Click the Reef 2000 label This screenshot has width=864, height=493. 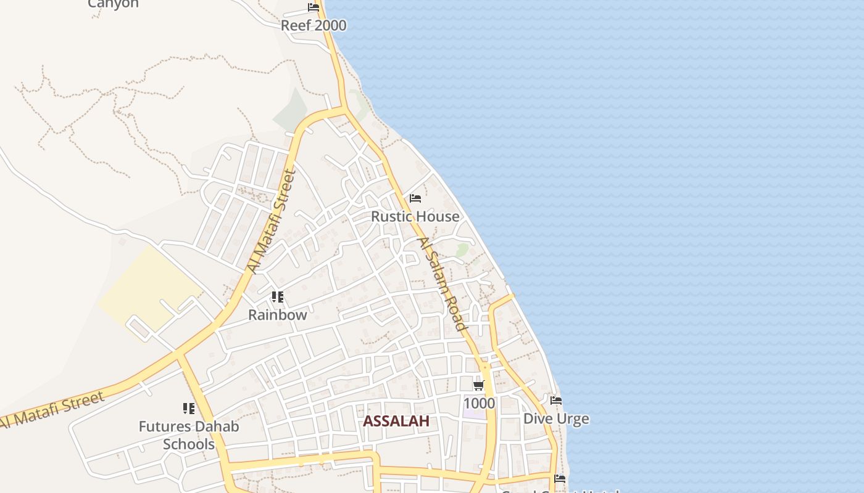(314, 25)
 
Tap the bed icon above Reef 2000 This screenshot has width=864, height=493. (314, 7)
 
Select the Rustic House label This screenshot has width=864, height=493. (415, 216)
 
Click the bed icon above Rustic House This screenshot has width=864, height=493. (415, 198)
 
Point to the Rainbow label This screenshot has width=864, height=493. (277, 314)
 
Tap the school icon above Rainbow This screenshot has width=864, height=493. (278, 297)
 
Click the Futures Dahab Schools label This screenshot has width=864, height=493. (188, 434)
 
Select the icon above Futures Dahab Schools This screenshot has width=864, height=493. (188, 408)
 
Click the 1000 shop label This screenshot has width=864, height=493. (479, 403)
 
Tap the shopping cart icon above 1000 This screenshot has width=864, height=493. (478, 386)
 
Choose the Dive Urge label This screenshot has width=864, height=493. (555, 419)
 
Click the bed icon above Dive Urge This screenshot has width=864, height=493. (556, 401)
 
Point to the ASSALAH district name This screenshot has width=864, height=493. (396, 421)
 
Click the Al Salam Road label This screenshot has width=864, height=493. (441, 285)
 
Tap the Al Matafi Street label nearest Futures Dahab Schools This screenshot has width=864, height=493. (52, 410)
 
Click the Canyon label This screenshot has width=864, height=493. (113, 4)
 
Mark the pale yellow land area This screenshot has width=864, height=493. (148, 287)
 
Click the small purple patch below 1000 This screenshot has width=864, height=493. (474, 413)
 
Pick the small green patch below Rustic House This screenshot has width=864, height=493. (462, 250)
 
